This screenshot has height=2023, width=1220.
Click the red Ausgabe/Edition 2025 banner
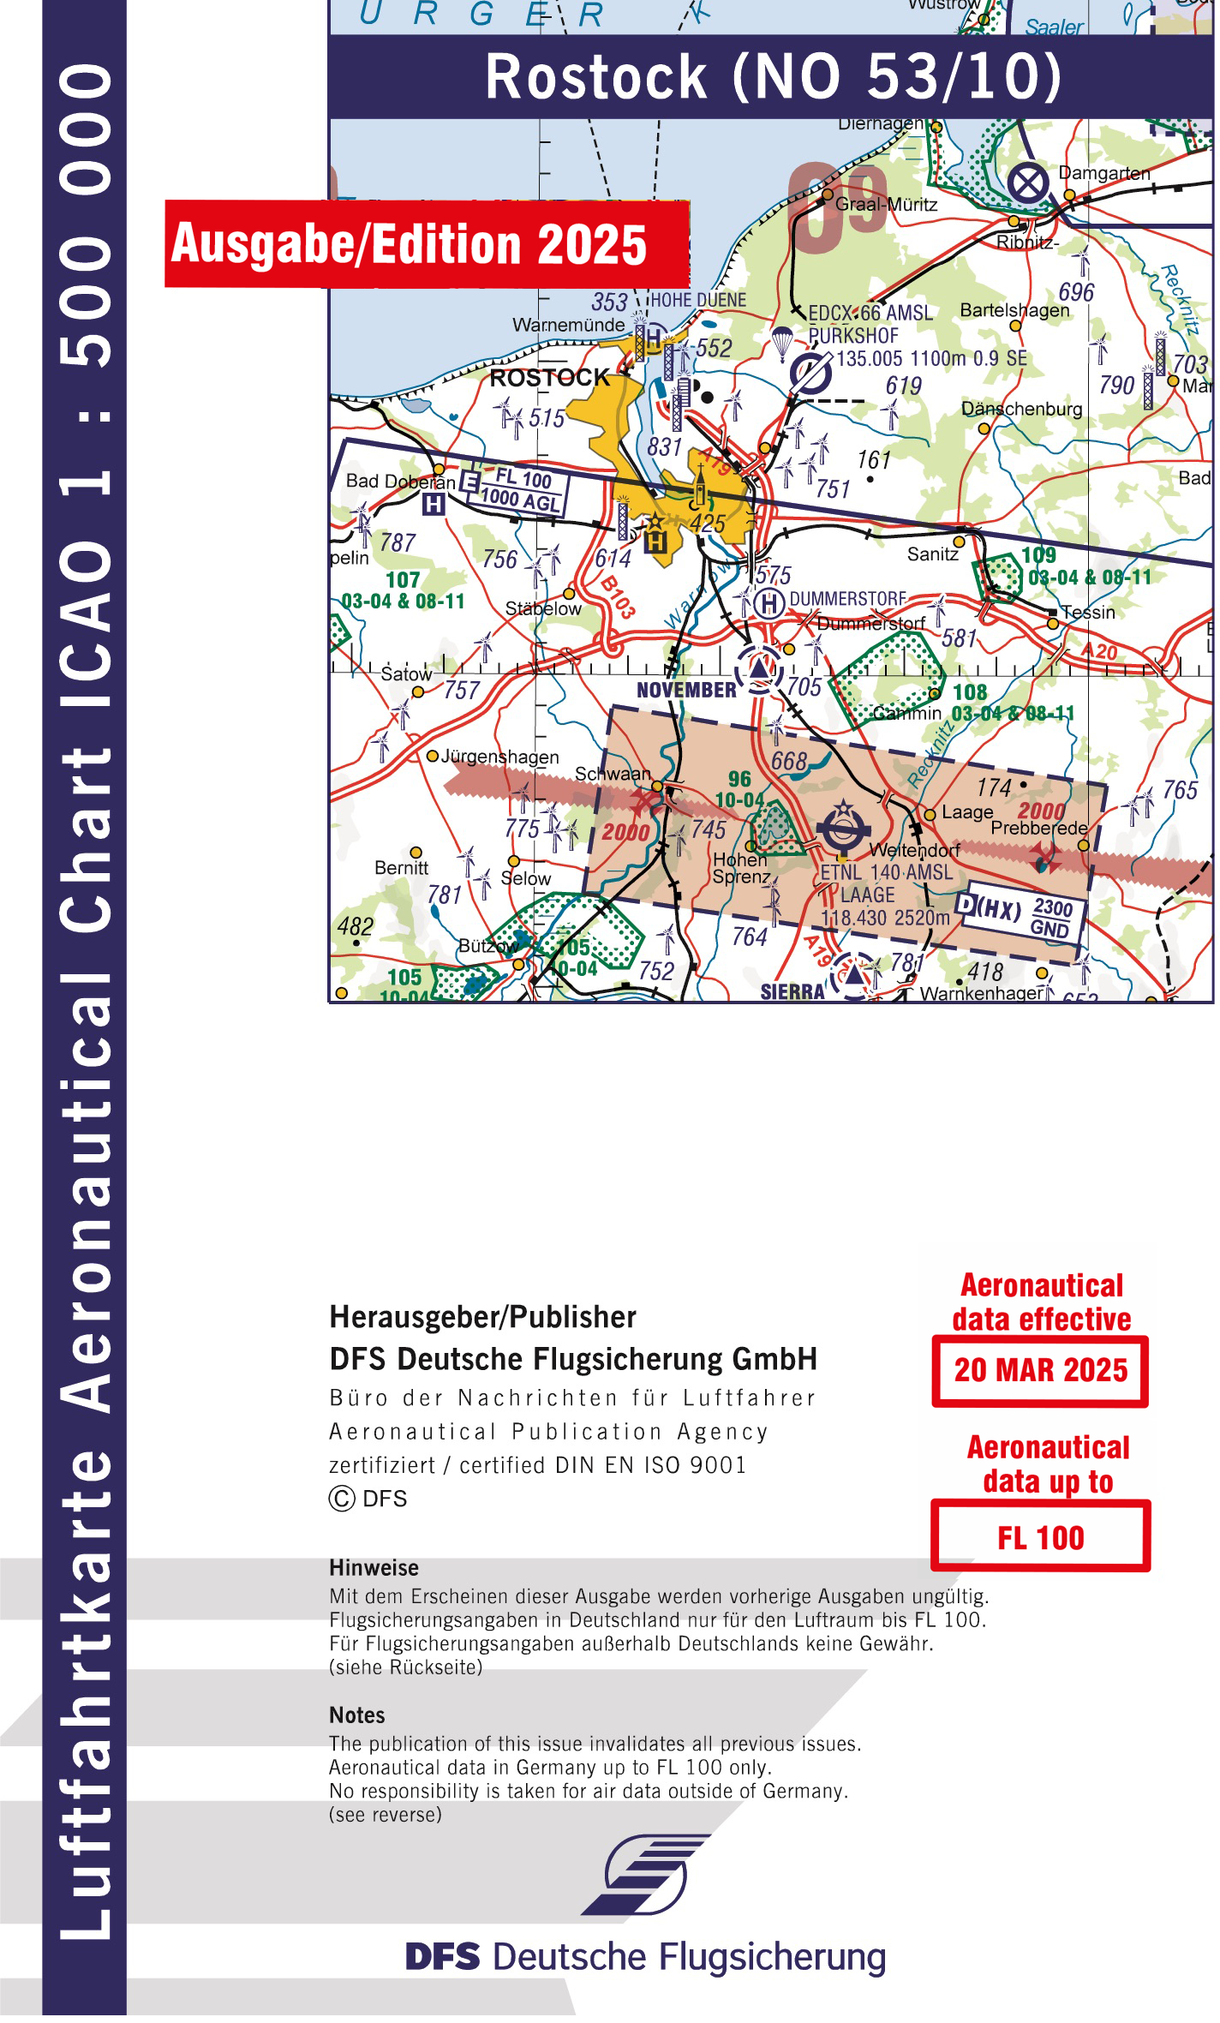pos(426,244)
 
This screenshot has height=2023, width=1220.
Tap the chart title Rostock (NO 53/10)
pos(772,77)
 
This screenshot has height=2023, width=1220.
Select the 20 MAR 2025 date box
pos(1040,1371)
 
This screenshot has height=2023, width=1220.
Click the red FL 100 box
pos(1040,1539)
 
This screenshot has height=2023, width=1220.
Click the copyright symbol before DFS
pos(341,1499)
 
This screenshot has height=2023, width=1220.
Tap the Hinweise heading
pos(374,1568)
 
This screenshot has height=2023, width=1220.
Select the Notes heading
pos(356,1715)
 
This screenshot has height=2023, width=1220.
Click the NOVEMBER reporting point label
pos(686,690)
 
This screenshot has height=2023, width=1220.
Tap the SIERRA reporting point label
pos(792,992)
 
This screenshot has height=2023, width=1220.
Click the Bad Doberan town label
pos(399,482)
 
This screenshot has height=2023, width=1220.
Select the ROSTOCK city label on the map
pos(548,378)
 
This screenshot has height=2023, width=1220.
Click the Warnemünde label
pos(568,326)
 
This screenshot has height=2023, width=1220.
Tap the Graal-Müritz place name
pos(886,205)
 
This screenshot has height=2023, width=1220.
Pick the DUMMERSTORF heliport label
pos(846,598)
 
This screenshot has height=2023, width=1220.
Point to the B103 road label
pos(618,596)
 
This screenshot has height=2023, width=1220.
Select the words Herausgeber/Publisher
pos(482,1317)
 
